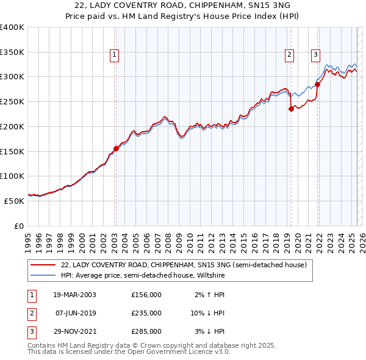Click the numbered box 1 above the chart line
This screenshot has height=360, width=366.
tap(115, 55)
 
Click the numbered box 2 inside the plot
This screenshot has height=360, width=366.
tap(289, 55)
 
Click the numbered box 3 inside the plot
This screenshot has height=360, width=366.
tap(315, 55)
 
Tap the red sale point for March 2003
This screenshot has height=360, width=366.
tap(116, 148)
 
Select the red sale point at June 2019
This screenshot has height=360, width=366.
tap(291, 109)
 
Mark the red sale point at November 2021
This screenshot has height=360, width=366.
tap(318, 84)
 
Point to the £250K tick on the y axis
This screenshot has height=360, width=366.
tap(13, 101)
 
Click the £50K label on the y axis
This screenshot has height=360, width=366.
tap(15, 200)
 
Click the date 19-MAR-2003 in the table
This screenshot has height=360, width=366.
tap(75, 295)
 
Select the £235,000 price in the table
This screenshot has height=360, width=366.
tap(146, 313)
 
